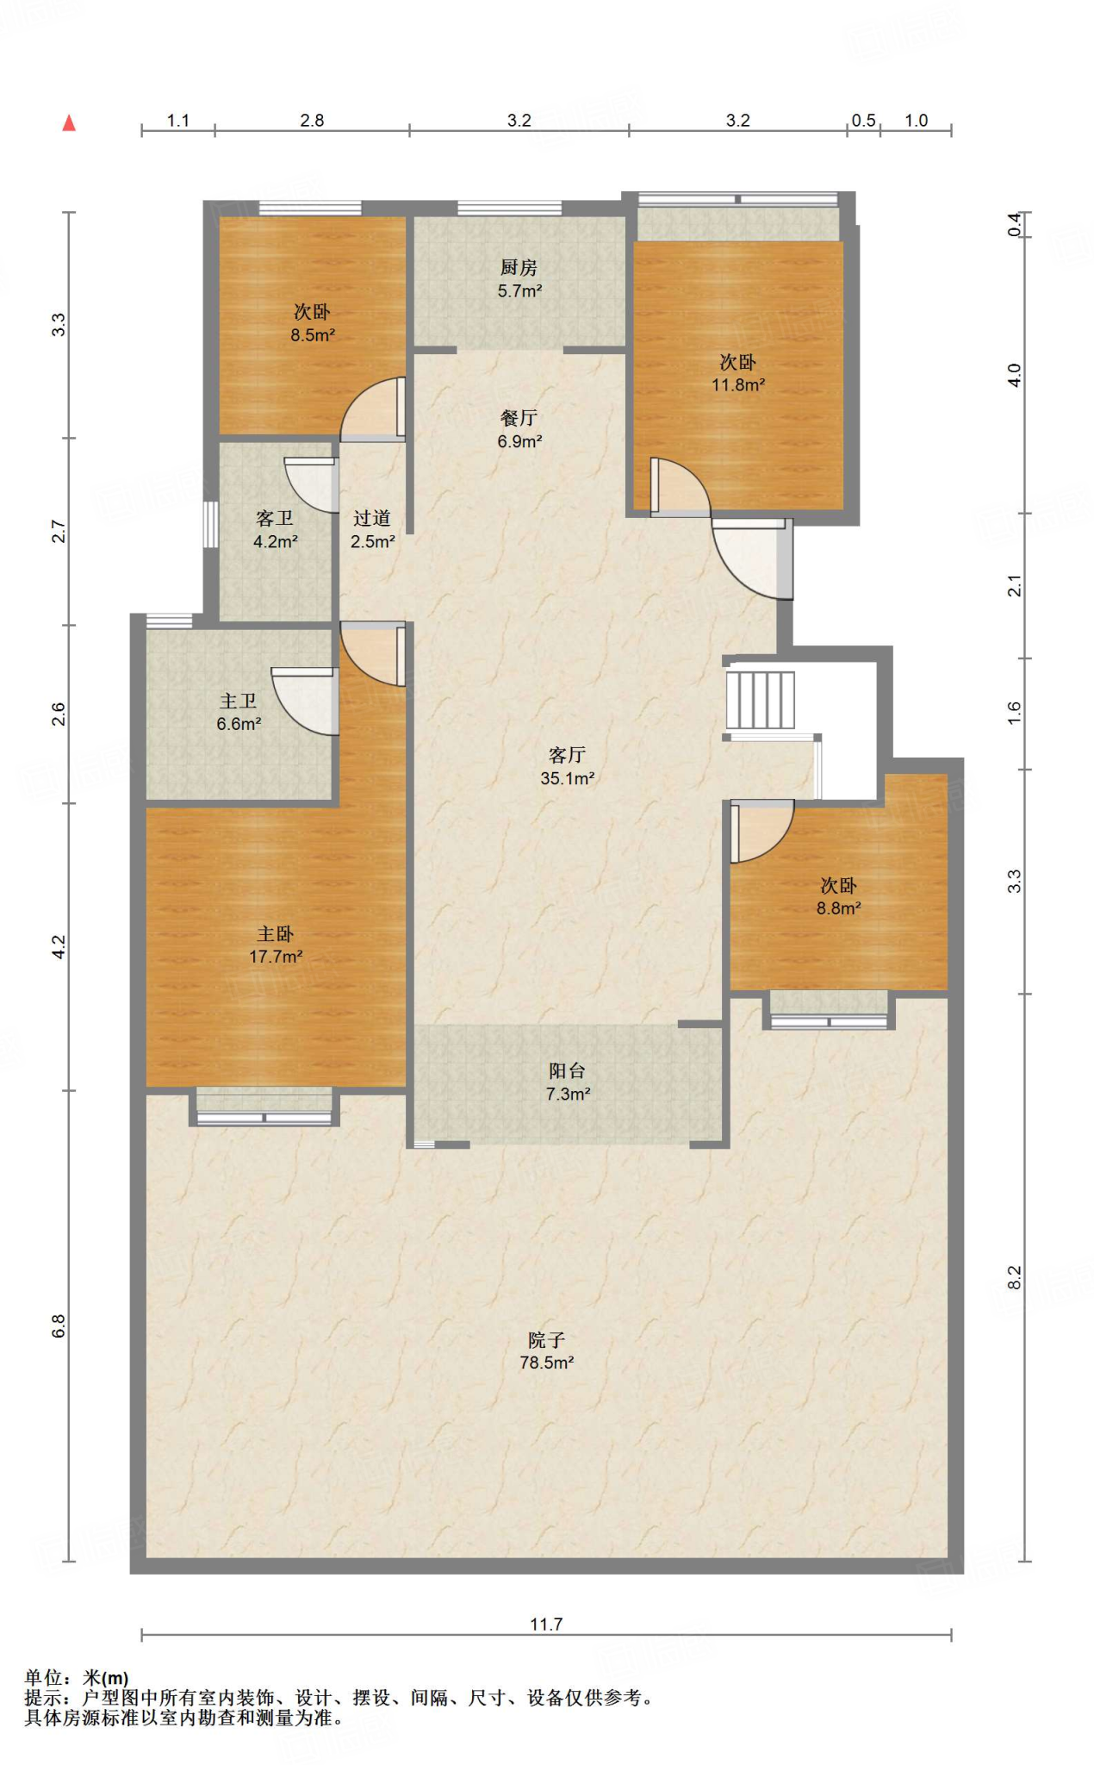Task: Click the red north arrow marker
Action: coord(69,123)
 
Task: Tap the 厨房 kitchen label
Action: coord(519,279)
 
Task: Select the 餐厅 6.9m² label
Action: coord(519,429)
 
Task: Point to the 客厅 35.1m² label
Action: coord(567,766)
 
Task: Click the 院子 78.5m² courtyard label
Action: coord(546,1350)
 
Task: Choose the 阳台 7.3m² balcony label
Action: coord(567,1082)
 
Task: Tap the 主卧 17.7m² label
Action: coord(276,945)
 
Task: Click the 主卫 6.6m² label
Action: coord(239,712)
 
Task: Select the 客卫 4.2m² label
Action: coord(275,529)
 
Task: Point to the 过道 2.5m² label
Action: coord(372,529)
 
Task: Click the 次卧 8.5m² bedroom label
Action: coord(312,322)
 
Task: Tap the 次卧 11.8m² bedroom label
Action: coord(738,372)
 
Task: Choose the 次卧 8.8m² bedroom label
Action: coord(839,896)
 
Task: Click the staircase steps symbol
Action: coord(760,700)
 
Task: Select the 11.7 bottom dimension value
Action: coord(546,1625)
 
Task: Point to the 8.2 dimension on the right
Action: coord(1015,1277)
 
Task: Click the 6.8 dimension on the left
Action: coord(59,1325)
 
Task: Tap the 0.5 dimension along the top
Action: coord(863,121)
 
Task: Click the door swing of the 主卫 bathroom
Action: coord(304,702)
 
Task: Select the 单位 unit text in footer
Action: coord(44,1678)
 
